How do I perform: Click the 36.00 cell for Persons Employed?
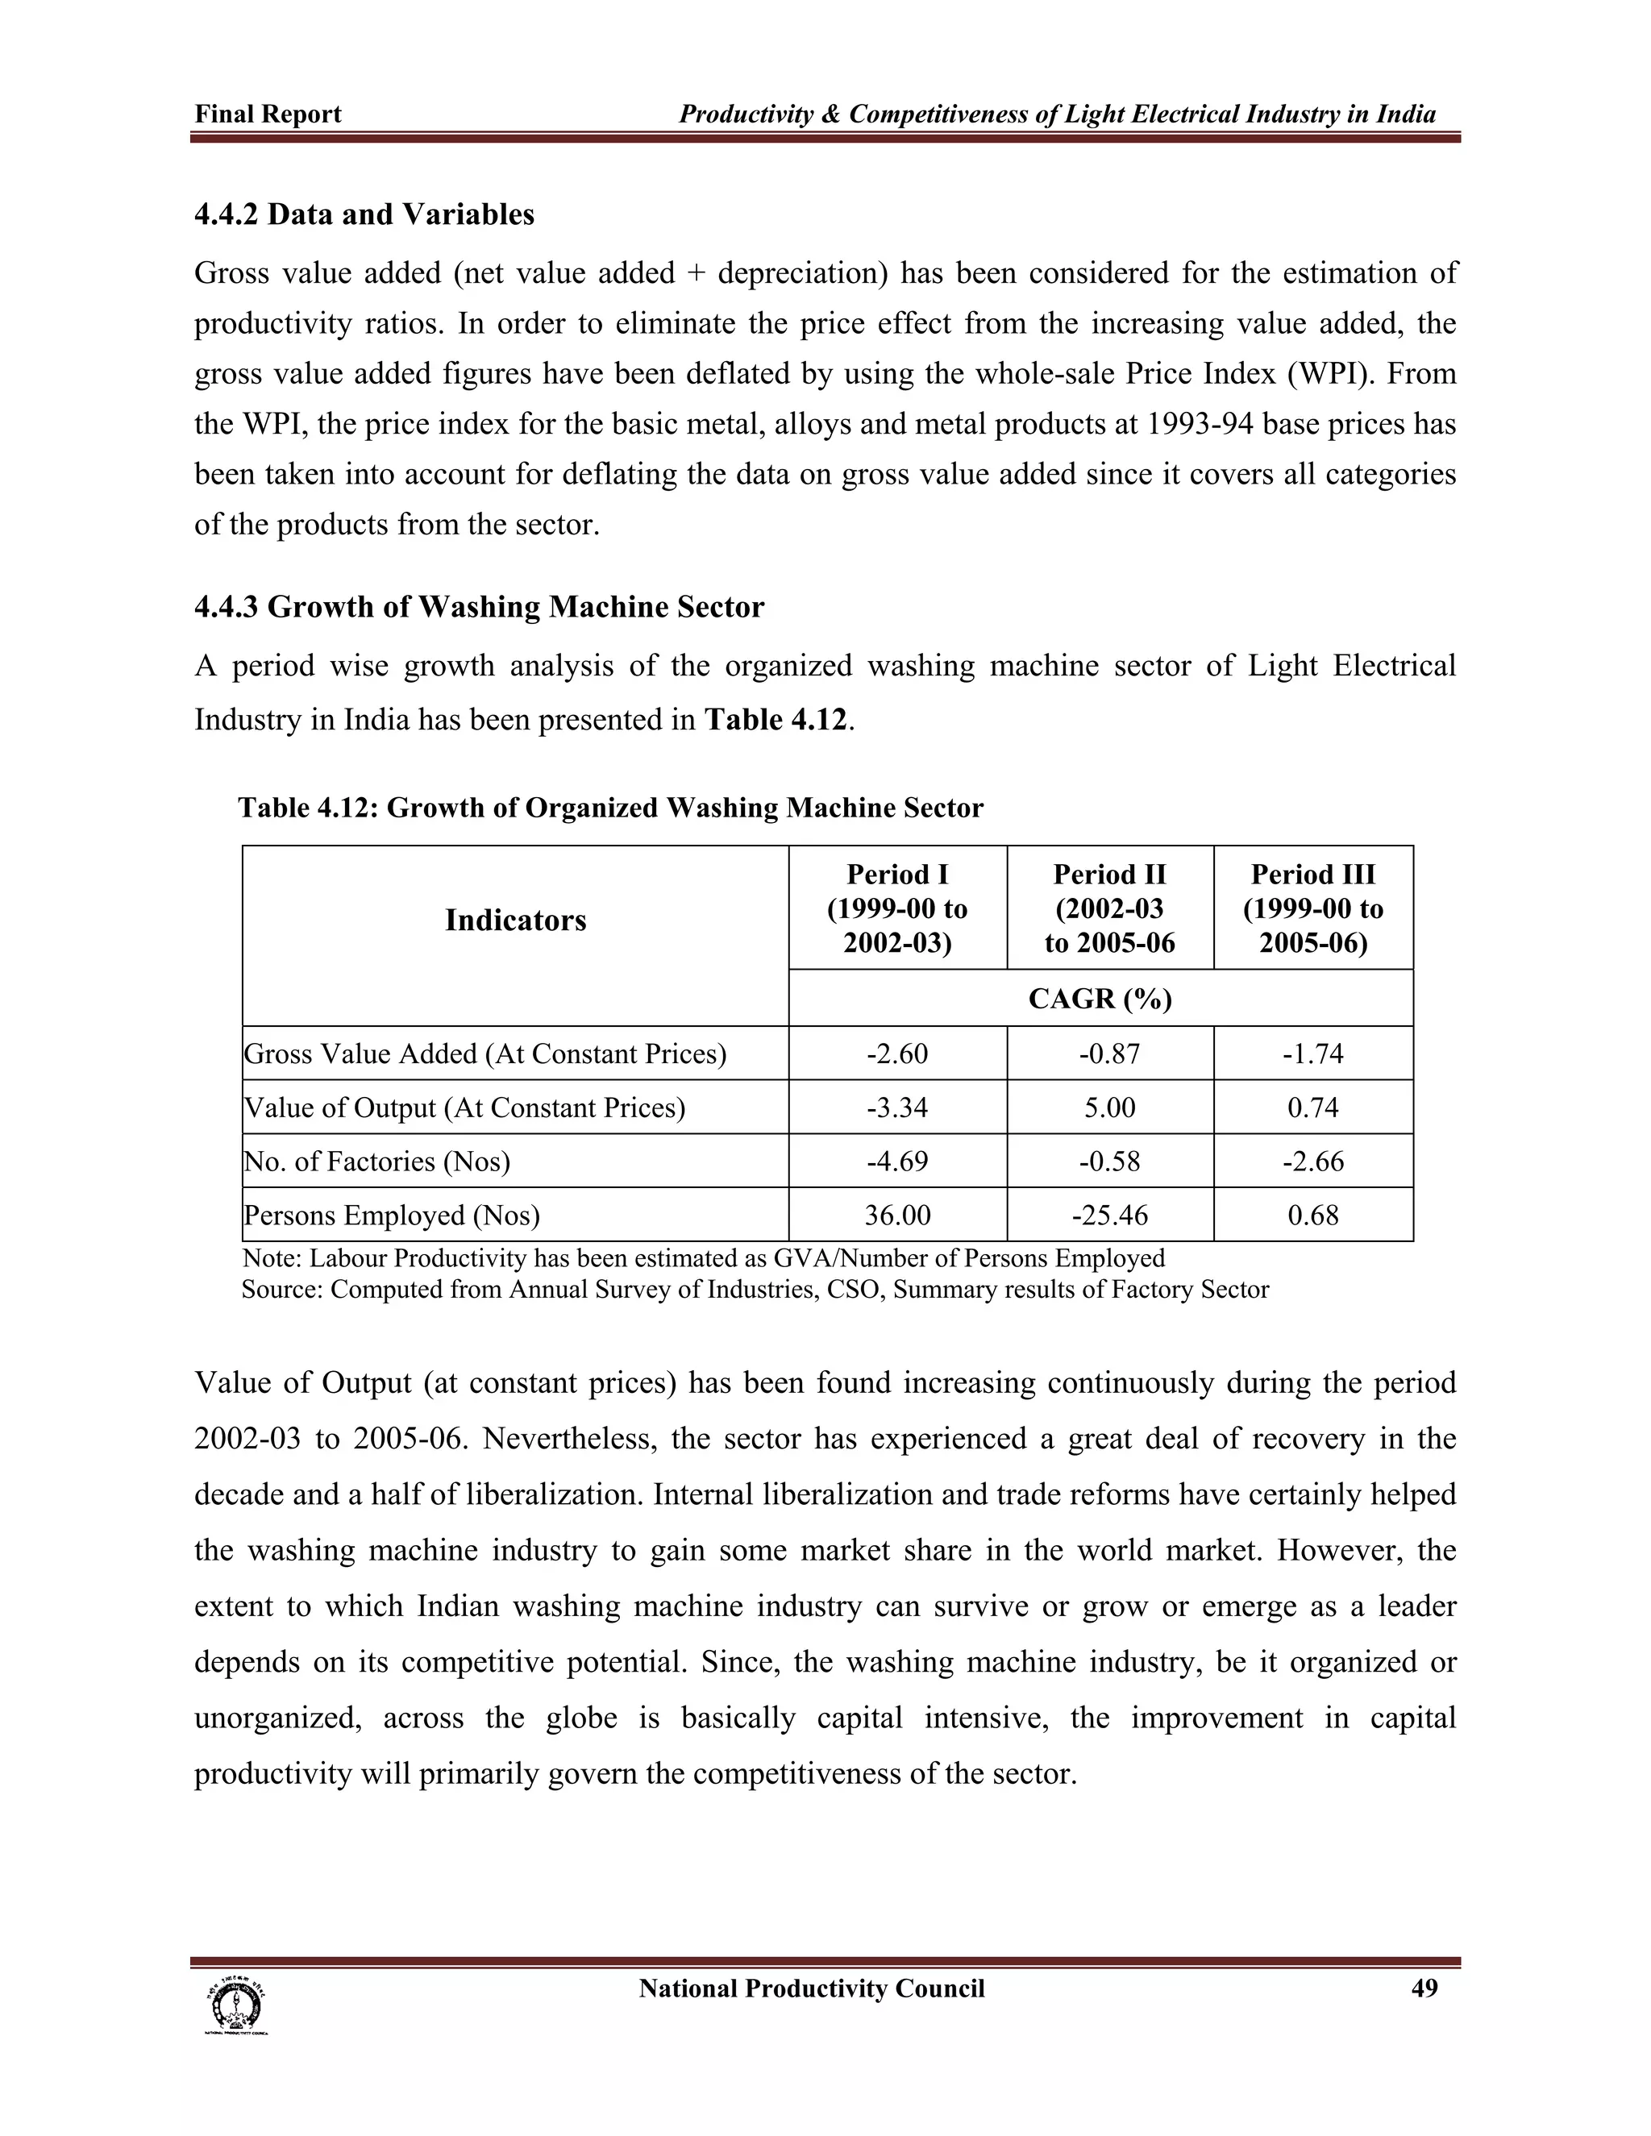coord(897,1215)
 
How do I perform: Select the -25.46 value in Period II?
coord(1109,1215)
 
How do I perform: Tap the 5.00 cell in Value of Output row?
coord(1109,1107)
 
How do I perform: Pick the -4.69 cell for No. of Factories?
coord(897,1161)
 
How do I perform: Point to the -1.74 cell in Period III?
coord(1312,1053)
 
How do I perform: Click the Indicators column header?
coord(515,920)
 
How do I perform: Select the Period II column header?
coord(1109,908)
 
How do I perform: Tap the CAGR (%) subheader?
coord(1100,999)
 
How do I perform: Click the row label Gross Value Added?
coord(485,1053)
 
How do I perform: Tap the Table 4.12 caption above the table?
coord(610,808)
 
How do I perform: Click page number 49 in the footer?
coord(1424,1988)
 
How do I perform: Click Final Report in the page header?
coord(268,114)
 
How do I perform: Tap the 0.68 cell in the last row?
coord(1312,1215)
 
